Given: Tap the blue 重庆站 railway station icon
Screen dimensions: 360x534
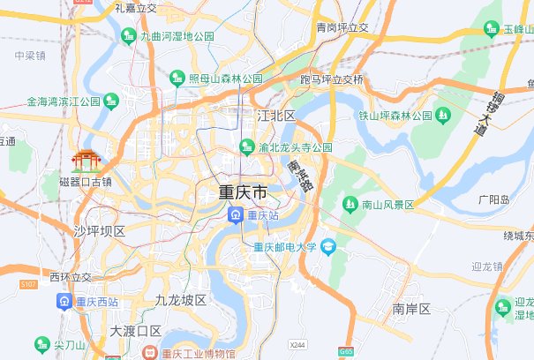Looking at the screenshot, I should pyautogui.click(x=236, y=214).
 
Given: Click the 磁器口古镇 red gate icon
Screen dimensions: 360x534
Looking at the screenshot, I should pyautogui.click(x=86, y=160).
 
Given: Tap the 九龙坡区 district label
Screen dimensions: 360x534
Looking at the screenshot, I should pyautogui.click(x=180, y=300).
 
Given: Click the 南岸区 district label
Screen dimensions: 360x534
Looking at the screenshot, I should pyautogui.click(x=410, y=309).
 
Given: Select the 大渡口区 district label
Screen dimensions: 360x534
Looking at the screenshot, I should pyautogui.click(x=136, y=331).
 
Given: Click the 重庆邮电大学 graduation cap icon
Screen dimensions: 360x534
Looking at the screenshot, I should pyautogui.click(x=328, y=246).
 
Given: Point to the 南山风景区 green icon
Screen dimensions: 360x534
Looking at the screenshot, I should pyautogui.click(x=350, y=205).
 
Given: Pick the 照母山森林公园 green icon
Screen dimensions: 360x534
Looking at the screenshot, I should pyautogui.click(x=177, y=79).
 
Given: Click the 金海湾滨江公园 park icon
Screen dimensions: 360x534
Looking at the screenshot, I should pyautogui.click(x=111, y=101).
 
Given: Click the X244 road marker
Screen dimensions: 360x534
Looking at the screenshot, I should pyautogui.click(x=297, y=344).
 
